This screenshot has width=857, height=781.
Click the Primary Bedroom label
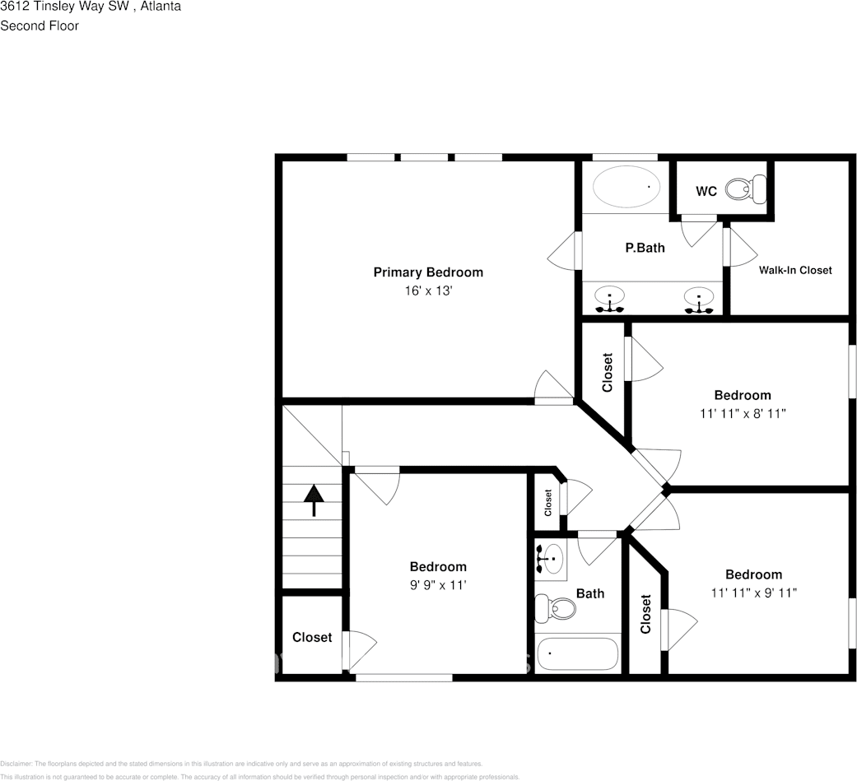[x=428, y=272]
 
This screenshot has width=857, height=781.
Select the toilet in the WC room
[x=746, y=188]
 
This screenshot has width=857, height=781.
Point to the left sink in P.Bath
[x=610, y=300]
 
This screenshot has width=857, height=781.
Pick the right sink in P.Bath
[x=698, y=300]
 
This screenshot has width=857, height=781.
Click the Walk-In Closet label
[x=794, y=270]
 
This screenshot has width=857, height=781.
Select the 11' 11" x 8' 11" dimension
[x=742, y=414]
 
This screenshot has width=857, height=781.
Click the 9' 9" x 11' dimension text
[x=438, y=585]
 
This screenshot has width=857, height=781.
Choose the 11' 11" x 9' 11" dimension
[x=753, y=593]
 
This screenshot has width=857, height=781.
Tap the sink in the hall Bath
[x=550, y=557]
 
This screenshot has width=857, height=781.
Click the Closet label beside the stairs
[x=312, y=637]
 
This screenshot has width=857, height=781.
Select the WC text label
[x=706, y=192]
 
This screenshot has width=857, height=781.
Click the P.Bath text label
[x=645, y=247]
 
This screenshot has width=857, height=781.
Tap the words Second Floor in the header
[x=40, y=26]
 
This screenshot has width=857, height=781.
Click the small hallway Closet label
[x=548, y=503]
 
